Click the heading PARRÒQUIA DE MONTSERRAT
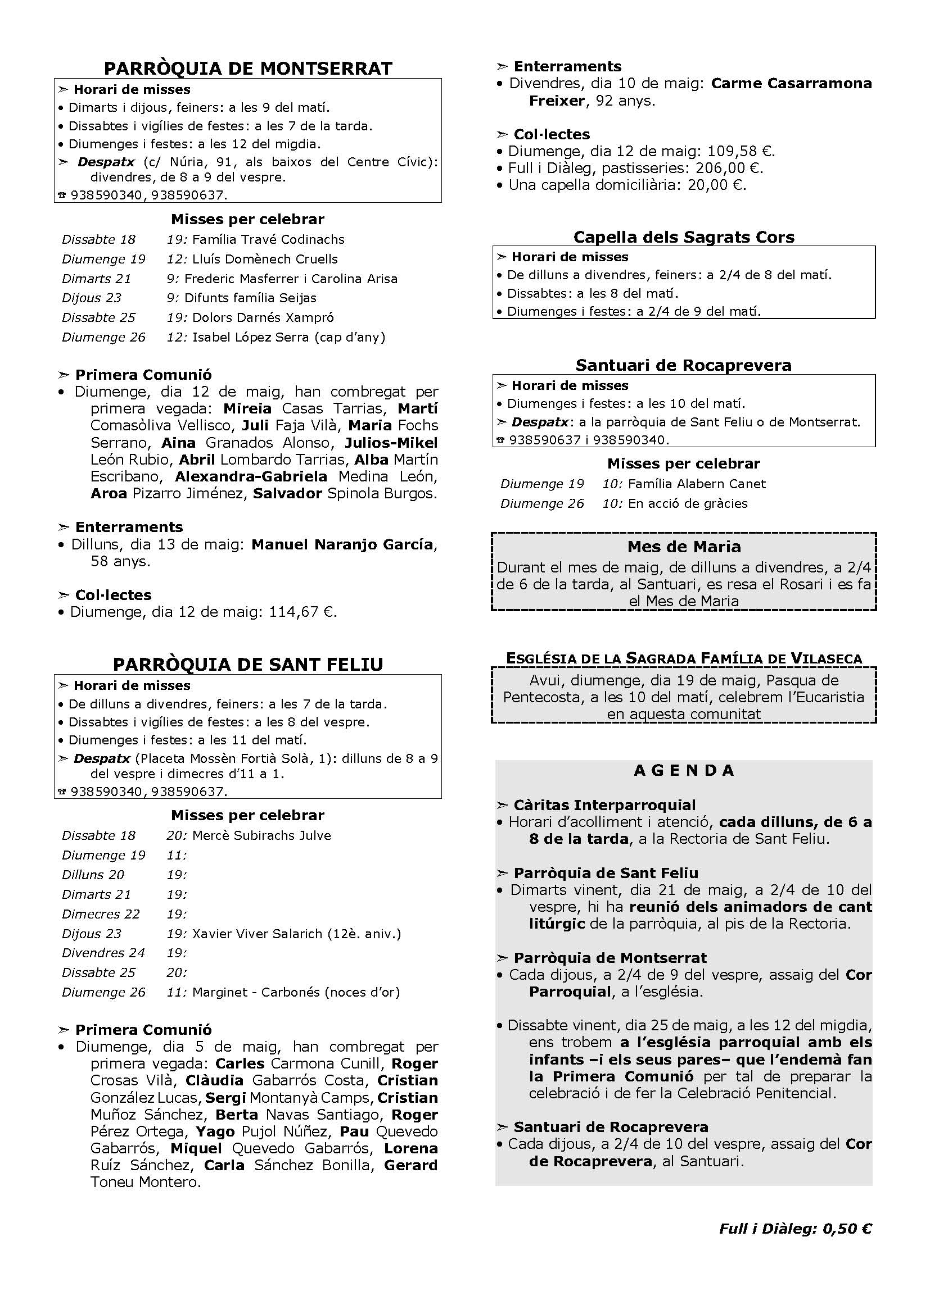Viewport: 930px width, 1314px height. tap(248, 69)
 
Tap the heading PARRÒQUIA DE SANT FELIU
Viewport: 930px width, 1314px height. tap(248, 665)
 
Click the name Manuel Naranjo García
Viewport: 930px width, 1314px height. tap(342, 544)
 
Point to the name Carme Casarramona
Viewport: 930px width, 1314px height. tap(791, 84)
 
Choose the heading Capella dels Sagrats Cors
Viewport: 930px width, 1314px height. tap(684, 237)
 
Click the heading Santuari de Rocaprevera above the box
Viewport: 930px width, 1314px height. tap(684, 365)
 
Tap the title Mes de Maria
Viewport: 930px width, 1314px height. tap(684, 547)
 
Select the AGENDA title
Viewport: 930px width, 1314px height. tap(684, 770)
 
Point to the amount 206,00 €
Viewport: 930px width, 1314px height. tap(728, 169)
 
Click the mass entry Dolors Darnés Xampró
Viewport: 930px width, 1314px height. tap(263, 317)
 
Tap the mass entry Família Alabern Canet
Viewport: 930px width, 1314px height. tap(696, 484)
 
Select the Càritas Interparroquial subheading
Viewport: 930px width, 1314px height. tap(604, 805)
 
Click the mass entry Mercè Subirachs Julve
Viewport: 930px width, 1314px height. tap(261, 835)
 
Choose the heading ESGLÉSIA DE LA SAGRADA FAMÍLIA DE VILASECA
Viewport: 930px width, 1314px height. tap(684, 659)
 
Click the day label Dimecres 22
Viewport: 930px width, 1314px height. tap(101, 914)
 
